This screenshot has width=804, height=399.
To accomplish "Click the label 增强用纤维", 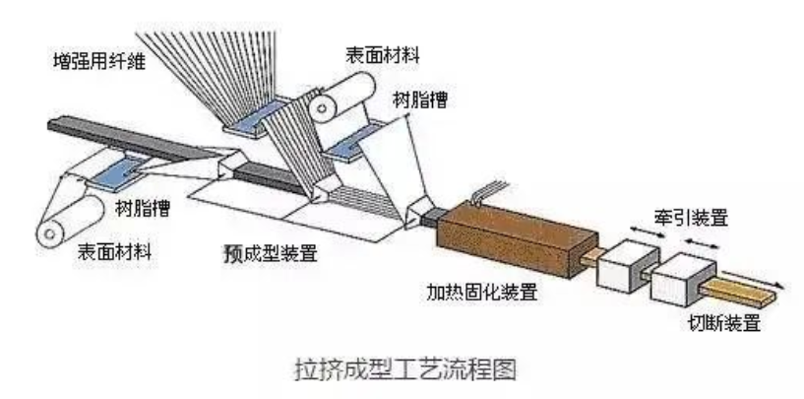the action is click(99, 62).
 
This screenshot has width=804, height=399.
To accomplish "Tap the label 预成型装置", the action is click(271, 253).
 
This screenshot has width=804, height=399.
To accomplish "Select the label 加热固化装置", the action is click(482, 293).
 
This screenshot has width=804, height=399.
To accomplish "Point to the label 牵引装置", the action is click(691, 219).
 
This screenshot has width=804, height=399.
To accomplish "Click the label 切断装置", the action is click(724, 323).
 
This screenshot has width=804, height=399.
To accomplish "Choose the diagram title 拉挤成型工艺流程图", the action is click(405, 369).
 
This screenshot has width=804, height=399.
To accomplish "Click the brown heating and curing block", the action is click(517, 239).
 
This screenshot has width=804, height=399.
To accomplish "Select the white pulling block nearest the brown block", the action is click(628, 265).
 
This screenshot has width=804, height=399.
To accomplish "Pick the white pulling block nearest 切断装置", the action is click(683, 280).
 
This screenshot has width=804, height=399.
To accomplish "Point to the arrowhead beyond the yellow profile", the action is click(779, 285).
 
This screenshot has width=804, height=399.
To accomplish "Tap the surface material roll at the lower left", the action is click(70, 220).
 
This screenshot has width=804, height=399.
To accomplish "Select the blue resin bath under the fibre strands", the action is click(256, 116).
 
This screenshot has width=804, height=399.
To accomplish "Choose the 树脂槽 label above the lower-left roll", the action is click(143, 208).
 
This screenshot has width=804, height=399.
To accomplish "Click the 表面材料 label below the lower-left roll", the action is click(114, 251).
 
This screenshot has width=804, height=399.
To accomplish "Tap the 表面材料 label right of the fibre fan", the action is click(383, 54).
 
